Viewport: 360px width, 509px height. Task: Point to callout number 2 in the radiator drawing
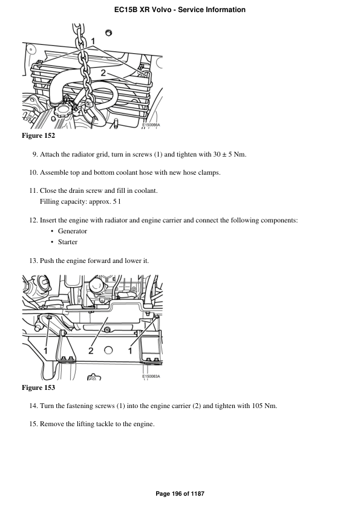(x=103, y=73)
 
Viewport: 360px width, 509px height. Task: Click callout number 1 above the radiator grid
(x=93, y=43)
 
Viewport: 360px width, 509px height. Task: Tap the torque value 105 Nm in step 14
(x=264, y=406)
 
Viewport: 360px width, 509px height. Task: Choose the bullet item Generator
(x=73, y=231)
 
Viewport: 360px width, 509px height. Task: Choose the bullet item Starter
(x=68, y=242)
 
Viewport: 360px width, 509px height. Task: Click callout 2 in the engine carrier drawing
(x=91, y=350)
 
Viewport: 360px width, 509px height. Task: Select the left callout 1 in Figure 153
(x=46, y=350)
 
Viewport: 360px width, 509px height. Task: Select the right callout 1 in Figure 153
(x=130, y=350)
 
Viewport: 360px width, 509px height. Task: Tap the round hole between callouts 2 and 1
(x=108, y=350)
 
